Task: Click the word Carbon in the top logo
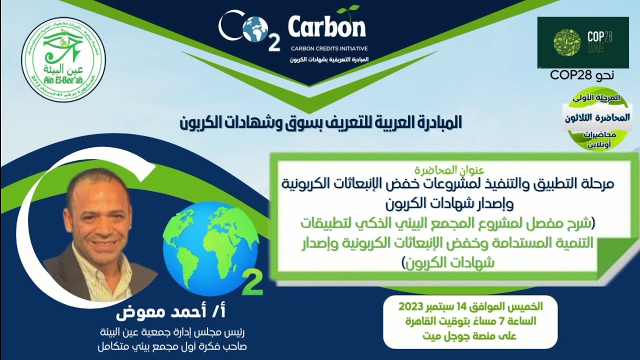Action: [x=327, y=28]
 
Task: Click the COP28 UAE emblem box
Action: [x=582, y=42]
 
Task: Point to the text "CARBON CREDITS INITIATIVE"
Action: [x=329, y=49]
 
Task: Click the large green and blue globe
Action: [x=210, y=248]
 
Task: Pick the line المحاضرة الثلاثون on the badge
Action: [x=597, y=118]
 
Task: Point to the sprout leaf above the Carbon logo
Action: [x=348, y=9]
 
